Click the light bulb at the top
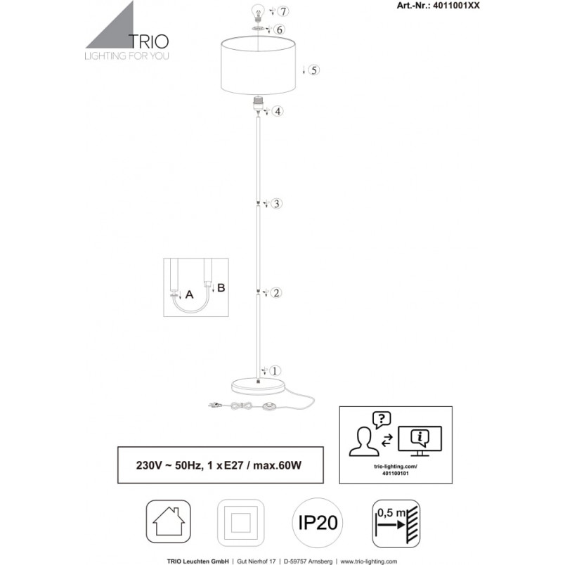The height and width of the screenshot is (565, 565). click(x=258, y=13)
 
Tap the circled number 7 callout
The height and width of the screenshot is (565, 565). click(x=284, y=11)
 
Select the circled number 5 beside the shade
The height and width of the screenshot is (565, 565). click(x=314, y=70)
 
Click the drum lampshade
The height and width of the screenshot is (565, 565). click(x=258, y=66)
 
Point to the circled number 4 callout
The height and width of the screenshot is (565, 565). click(x=278, y=111)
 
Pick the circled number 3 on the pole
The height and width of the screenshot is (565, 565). click(x=276, y=204)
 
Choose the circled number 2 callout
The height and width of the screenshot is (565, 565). click(x=276, y=292)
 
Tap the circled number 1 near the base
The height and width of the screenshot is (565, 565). click(x=275, y=370)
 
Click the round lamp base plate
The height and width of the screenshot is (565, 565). click(x=258, y=387)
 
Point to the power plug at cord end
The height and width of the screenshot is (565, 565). click(x=214, y=405)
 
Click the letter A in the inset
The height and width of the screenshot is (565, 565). click(x=189, y=294)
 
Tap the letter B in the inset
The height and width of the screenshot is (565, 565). click(x=221, y=287)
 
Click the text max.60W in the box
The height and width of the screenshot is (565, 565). click(x=277, y=465)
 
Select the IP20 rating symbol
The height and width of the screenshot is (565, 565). click(x=318, y=522)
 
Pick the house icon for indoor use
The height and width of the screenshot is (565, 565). click(x=168, y=521)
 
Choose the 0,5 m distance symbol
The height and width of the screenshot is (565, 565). click(x=396, y=524)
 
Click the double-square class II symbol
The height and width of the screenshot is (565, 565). click(x=241, y=522)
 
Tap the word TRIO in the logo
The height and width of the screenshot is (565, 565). click(x=149, y=41)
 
